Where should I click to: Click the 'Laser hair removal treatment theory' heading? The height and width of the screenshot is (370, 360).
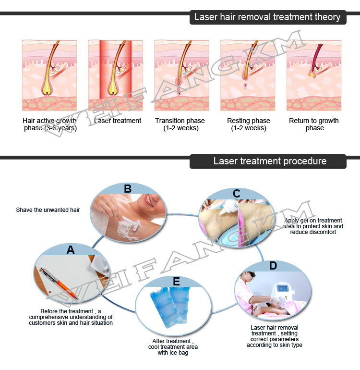(267, 17)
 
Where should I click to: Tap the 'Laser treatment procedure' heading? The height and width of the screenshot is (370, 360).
(270, 161)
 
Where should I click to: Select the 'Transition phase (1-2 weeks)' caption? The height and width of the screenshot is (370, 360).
(180, 124)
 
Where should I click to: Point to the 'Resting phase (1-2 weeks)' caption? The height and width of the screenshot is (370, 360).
(249, 124)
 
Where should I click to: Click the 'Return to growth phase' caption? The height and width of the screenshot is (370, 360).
(314, 124)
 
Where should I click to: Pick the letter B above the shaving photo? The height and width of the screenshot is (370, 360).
(128, 189)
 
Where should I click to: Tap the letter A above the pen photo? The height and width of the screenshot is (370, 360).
(71, 250)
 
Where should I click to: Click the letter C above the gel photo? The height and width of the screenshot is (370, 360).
(237, 194)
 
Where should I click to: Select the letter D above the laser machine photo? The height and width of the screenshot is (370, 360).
(273, 266)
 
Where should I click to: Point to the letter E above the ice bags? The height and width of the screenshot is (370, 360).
(176, 282)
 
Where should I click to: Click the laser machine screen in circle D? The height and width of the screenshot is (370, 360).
(281, 288)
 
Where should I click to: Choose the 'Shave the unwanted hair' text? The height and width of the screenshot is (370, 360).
(48, 210)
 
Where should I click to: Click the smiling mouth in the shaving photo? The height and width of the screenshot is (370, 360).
(149, 201)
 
